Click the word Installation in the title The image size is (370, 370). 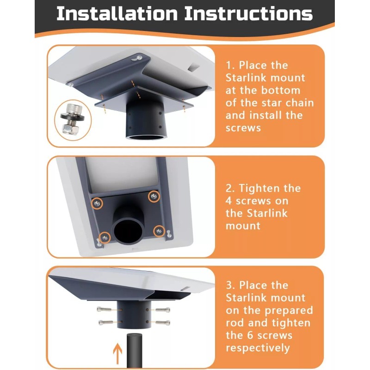point(117,14)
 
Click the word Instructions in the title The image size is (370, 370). point(248,14)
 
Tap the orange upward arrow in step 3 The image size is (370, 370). point(117,353)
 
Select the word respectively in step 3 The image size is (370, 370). point(258,348)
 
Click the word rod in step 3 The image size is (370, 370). point(234,323)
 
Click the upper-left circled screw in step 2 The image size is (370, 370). point(97,203)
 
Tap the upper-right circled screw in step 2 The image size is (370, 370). point(154,196)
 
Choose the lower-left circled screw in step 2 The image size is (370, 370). point(105,237)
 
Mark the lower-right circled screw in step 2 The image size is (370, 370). point(159,231)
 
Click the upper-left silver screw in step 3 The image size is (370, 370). point(104,309)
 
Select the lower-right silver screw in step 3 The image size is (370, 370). point(163,322)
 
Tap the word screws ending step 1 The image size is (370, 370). point(243,128)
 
